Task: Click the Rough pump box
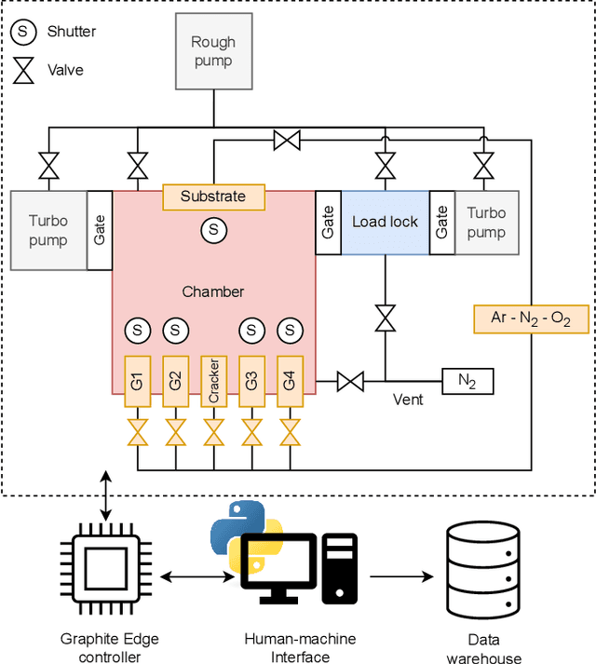[213, 51]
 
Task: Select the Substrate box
[213, 196]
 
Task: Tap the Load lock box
[385, 223]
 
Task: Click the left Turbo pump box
[48, 230]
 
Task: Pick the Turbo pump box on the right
[486, 223]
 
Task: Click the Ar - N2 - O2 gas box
[532, 318]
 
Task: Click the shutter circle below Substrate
[213, 228]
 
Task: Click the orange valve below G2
[175, 432]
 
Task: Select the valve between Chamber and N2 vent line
[350, 380]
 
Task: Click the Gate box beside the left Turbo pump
[100, 230]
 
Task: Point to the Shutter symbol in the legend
[21, 32]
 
